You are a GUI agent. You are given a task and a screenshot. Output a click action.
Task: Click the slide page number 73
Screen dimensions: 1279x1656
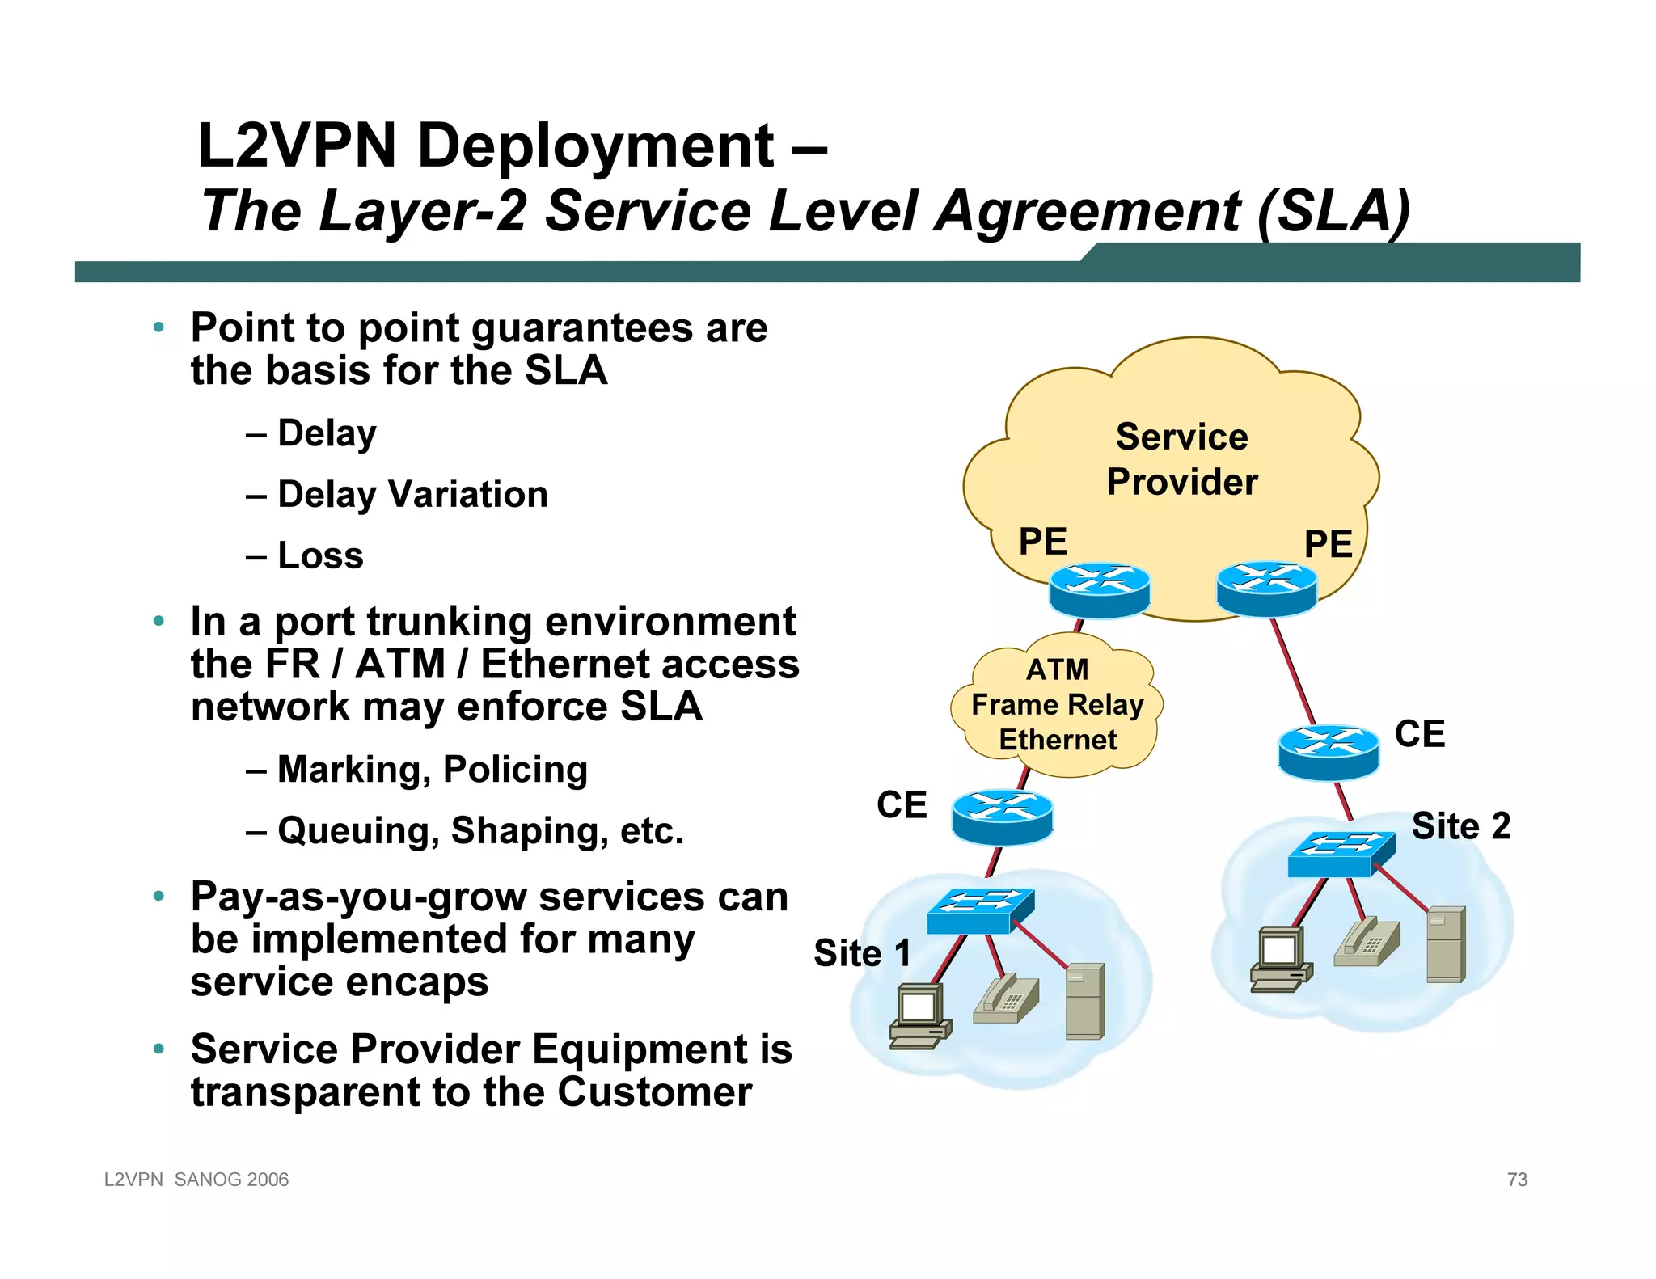(x=1517, y=1180)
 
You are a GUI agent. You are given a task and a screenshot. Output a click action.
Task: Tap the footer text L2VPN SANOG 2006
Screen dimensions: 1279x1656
(x=196, y=1180)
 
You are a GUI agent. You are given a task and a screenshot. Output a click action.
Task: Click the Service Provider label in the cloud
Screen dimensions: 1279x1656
(x=1181, y=459)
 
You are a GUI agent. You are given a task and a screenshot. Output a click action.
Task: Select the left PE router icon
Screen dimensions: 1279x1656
(x=1099, y=589)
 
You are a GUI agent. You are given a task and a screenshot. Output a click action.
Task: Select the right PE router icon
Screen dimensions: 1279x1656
(x=1266, y=588)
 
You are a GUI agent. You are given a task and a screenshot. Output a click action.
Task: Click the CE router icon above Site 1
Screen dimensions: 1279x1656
(x=1002, y=817)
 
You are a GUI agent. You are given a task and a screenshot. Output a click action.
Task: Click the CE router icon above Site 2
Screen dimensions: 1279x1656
(x=1328, y=751)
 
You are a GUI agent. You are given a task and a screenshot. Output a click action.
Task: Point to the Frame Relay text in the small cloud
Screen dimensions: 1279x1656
(x=1057, y=705)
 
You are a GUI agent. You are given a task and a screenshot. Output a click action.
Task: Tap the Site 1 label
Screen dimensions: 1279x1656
(x=862, y=953)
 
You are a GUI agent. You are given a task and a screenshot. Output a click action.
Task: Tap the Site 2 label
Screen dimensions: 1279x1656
(x=1460, y=826)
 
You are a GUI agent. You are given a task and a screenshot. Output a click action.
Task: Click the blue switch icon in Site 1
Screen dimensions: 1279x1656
(x=980, y=910)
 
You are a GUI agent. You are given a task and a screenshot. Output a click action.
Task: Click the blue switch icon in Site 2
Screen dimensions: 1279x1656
(x=1341, y=854)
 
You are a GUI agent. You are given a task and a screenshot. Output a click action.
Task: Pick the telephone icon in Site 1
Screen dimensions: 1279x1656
(x=1005, y=999)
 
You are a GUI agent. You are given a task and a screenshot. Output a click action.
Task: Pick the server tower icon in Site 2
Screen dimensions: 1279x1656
(x=1445, y=943)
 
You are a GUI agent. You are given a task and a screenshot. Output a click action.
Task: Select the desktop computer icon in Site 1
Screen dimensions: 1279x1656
(x=919, y=1015)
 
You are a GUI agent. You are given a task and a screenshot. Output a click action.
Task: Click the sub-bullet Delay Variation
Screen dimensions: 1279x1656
(x=412, y=494)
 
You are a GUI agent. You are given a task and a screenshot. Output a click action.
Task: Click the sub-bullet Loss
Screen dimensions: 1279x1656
(x=320, y=555)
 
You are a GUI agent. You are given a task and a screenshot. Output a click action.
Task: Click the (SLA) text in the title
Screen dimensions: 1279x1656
(x=1333, y=211)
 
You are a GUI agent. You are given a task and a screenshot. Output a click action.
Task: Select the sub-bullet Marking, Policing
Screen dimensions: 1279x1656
(x=432, y=770)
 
